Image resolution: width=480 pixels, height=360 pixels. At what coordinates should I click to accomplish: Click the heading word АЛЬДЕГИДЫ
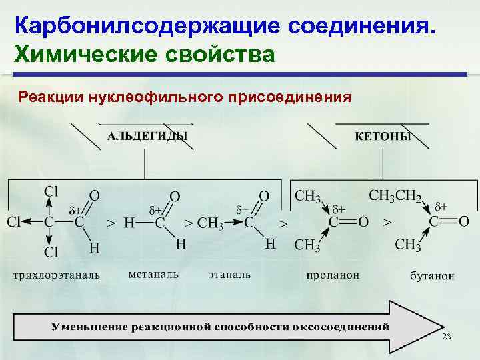coord(147,136)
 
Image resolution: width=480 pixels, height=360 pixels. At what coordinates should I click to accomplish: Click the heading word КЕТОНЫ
coord(383,136)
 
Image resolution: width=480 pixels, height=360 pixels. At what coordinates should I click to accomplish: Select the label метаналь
coord(153,274)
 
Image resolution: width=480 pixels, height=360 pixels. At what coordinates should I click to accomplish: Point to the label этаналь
coord(229,274)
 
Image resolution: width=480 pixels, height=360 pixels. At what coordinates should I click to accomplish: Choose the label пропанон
coord(333,275)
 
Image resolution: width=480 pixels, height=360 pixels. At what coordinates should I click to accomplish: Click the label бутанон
coord(432,275)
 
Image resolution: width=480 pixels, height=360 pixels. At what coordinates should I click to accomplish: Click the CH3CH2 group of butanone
coord(395,196)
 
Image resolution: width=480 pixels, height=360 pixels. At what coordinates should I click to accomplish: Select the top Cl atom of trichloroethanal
coord(51,191)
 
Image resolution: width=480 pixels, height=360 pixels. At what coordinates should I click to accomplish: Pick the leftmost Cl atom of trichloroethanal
coord(15,221)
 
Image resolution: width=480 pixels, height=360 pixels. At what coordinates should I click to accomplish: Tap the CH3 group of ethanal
coord(211,222)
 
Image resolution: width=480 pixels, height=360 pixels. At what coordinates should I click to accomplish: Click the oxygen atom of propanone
coord(363,221)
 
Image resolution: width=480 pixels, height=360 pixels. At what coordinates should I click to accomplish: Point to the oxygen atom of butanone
coord(463,221)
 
